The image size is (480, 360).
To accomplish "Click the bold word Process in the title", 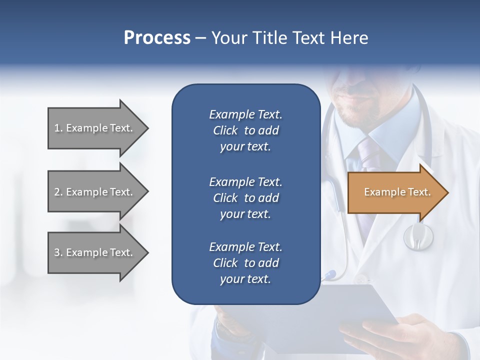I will pyautogui.click(x=157, y=38).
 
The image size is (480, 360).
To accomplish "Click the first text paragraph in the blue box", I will pyautogui.click(x=245, y=130).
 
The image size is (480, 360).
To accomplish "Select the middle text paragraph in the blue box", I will pyautogui.click(x=245, y=198).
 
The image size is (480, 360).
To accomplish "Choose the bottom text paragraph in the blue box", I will pyautogui.click(x=245, y=263).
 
